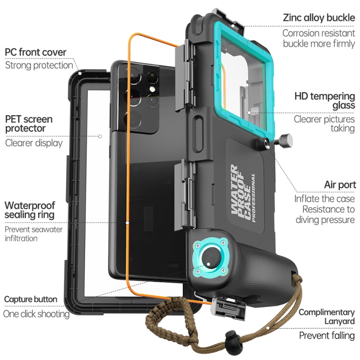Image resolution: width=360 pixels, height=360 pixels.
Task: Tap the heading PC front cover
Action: coord(36,52)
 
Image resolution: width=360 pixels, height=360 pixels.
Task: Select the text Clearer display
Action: coord(34,143)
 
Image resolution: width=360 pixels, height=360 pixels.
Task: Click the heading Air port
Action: coord(339,185)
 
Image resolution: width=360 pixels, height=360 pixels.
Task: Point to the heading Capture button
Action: coord(31,300)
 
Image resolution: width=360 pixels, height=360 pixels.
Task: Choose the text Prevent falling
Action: coord(327,335)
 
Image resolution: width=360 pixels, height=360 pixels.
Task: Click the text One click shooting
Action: coord(36,314)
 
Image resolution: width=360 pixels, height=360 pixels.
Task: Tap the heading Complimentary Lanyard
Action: coord(326,316)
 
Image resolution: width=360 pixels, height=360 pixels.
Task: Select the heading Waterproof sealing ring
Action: coord(29,210)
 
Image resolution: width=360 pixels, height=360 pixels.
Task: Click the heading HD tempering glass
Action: coord(324,100)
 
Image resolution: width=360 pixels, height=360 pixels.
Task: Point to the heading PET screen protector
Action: coord(29,123)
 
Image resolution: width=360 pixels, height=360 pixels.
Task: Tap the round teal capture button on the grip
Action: coord(210,260)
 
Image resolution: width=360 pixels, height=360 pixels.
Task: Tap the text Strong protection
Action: coord(39,65)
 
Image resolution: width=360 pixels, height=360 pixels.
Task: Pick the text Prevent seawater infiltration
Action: coord(34,234)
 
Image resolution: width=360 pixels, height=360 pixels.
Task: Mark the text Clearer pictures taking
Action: coord(324,123)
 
